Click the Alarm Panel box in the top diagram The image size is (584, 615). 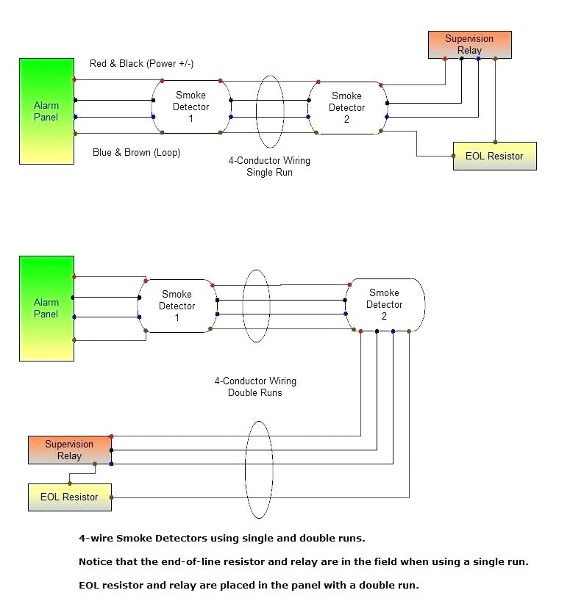pyautogui.click(x=46, y=111)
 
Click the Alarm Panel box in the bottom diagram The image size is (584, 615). pyautogui.click(x=46, y=308)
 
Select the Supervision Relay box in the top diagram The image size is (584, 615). pyautogui.click(x=469, y=45)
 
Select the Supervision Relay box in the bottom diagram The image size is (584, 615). pyautogui.click(x=69, y=450)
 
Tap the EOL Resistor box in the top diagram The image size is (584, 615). pyautogui.click(x=494, y=156)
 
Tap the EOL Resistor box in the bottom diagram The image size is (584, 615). pyautogui.click(x=69, y=497)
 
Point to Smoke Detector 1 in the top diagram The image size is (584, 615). pyautogui.click(x=190, y=107)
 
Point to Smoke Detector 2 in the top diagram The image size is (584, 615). pyautogui.click(x=346, y=107)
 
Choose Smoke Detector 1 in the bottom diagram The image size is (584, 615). pyautogui.click(x=177, y=306)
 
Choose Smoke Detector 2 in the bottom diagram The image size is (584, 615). pyautogui.click(x=384, y=304)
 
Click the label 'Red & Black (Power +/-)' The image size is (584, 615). pyautogui.click(x=141, y=63)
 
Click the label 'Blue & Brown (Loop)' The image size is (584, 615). pyautogui.click(x=136, y=153)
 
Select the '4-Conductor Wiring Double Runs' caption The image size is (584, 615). pyautogui.click(x=255, y=386)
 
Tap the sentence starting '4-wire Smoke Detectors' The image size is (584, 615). pyautogui.click(x=221, y=538)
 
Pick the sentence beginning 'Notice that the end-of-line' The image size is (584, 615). pyautogui.click(x=303, y=561)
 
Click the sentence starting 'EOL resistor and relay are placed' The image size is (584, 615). pyautogui.click(x=249, y=585)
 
